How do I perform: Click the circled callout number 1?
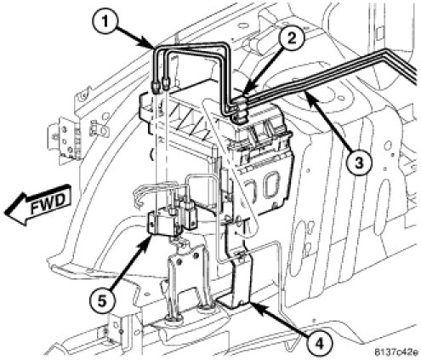click(x=105, y=20)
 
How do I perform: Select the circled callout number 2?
click(x=292, y=39)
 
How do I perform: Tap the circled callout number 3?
click(x=359, y=163)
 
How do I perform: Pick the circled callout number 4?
click(x=320, y=344)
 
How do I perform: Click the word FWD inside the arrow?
click(x=48, y=203)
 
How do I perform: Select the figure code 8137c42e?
click(x=395, y=352)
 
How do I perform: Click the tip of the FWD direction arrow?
click(x=4, y=213)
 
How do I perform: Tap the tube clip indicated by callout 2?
click(x=241, y=110)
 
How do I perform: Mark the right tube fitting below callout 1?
click(x=164, y=83)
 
